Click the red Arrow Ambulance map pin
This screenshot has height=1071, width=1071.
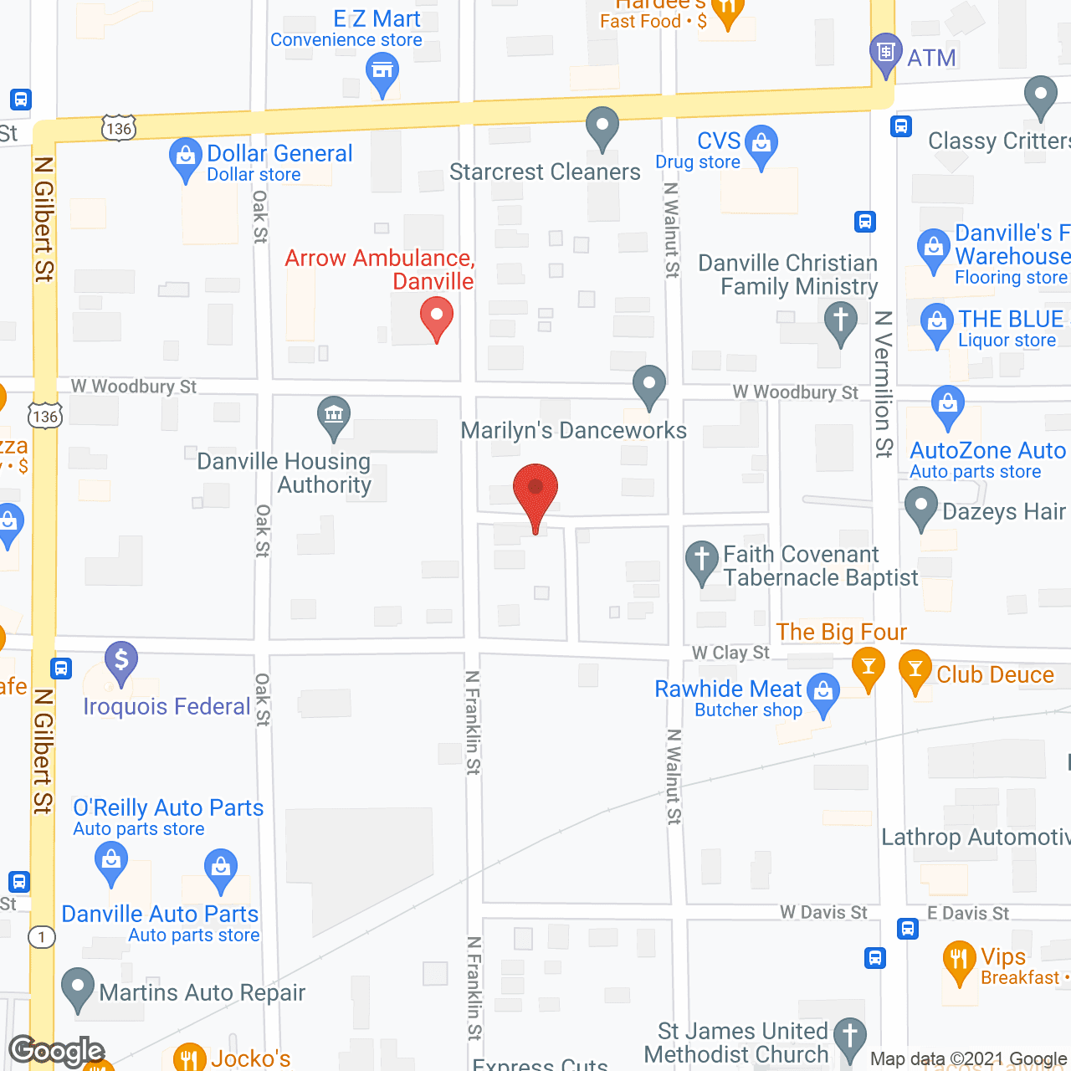click(436, 320)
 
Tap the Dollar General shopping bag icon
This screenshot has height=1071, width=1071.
click(184, 156)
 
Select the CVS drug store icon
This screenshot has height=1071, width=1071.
click(761, 144)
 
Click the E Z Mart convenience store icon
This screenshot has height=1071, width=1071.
click(382, 71)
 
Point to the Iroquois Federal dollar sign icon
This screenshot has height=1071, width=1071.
click(121, 660)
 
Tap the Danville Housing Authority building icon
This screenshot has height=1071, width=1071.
click(334, 415)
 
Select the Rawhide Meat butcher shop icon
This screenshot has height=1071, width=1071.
click(824, 692)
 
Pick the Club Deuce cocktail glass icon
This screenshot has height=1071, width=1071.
click(915, 669)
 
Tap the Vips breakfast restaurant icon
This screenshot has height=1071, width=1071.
click(959, 960)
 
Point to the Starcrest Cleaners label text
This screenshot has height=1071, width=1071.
click(545, 172)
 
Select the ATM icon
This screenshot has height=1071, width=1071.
click(885, 52)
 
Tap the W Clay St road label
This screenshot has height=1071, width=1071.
click(730, 653)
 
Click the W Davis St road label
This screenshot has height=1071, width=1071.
click(823, 912)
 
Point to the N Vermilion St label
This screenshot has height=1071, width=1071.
click(884, 384)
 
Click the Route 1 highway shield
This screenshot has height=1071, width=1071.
click(42, 937)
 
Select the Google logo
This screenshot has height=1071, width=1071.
click(57, 1050)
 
